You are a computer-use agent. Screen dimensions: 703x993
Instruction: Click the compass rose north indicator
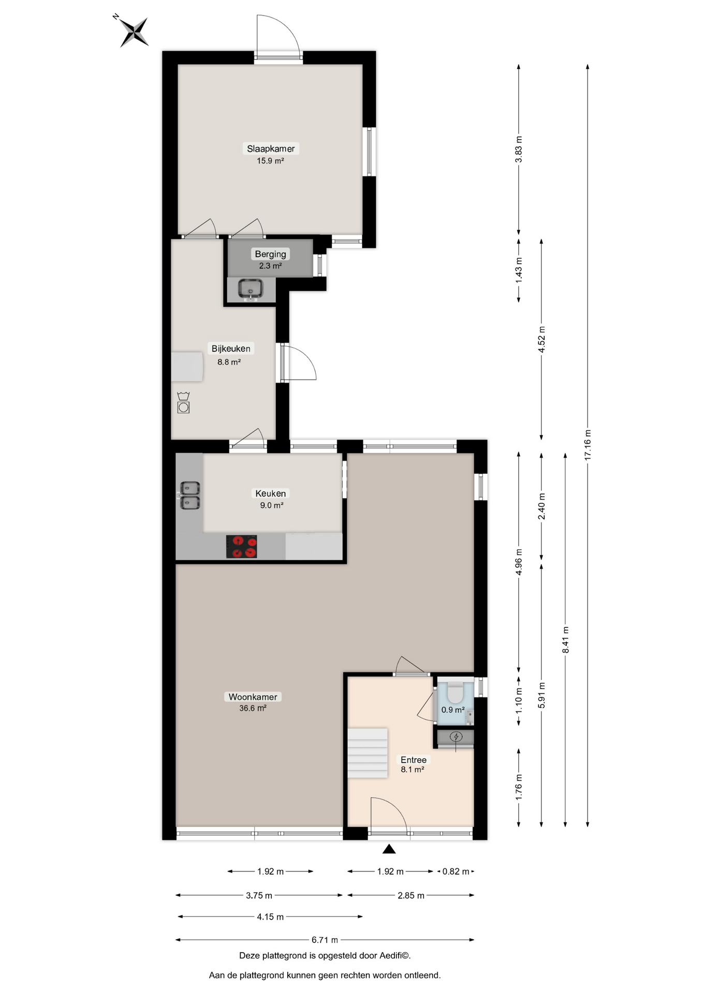(134, 31)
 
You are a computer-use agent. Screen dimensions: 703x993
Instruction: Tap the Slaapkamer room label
(271, 148)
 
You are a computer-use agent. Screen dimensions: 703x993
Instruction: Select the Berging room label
(270, 254)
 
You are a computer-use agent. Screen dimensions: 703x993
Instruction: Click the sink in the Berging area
(251, 289)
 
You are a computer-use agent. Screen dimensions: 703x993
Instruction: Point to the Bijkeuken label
(231, 349)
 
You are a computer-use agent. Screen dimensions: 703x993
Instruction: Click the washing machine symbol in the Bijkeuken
(183, 402)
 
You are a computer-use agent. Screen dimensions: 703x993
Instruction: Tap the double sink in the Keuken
(190, 495)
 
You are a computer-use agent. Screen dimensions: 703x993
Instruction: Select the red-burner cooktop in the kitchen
(241, 547)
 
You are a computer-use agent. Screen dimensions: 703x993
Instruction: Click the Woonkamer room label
(253, 697)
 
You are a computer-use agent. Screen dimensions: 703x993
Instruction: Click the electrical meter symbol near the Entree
(456, 736)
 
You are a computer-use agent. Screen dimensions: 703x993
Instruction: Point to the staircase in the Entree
(368, 753)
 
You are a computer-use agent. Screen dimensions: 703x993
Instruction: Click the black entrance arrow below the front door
(389, 849)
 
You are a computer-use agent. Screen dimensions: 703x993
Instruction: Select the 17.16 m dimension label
(588, 445)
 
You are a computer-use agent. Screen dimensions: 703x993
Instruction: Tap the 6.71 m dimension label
(325, 940)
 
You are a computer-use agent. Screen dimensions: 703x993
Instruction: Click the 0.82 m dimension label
(456, 871)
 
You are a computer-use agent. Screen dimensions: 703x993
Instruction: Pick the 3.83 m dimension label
(519, 149)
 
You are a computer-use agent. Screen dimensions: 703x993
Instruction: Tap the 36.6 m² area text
(253, 709)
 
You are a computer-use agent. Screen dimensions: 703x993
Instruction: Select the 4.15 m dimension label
(270, 917)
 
